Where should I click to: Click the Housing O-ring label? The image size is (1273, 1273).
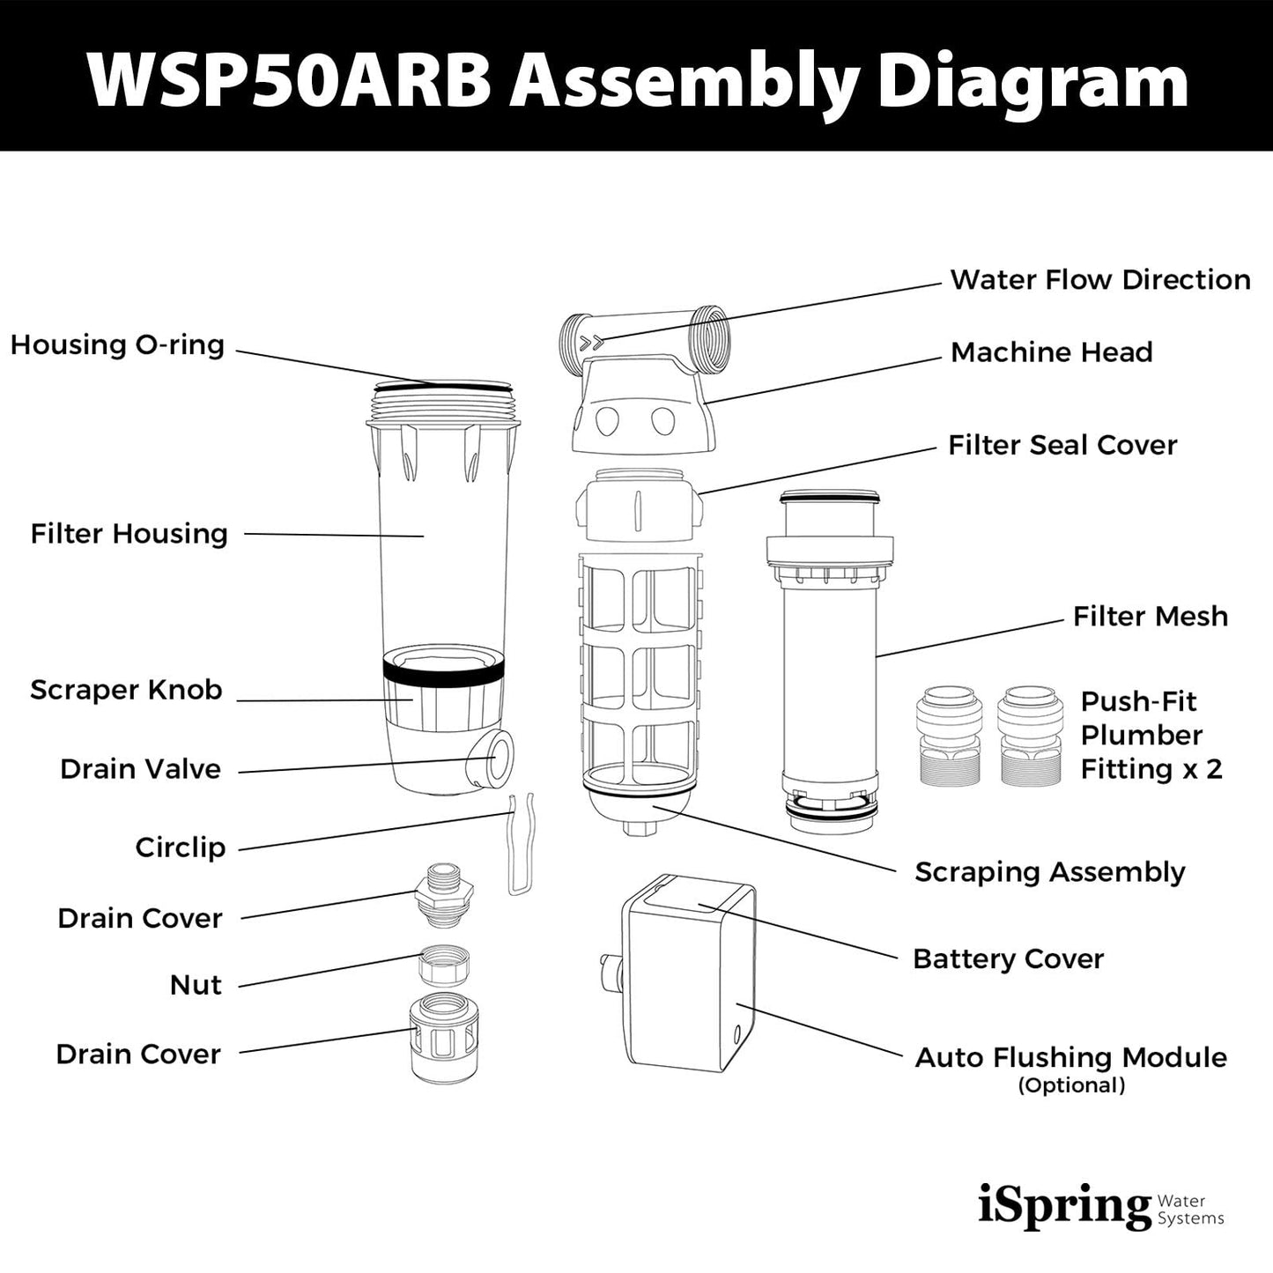point(117,344)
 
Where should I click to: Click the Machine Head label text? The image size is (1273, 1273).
point(1051,352)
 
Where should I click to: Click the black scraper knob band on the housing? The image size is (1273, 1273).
point(443,670)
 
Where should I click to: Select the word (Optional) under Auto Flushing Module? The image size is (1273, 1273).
point(1071,1085)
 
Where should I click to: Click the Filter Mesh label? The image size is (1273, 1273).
point(1150,617)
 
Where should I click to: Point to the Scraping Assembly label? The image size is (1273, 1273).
point(1049,872)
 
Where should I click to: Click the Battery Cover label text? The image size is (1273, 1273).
point(1008,958)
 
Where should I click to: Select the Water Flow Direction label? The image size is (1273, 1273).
point(1099,280)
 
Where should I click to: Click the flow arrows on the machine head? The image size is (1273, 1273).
point(595,339)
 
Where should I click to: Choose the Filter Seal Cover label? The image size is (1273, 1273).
point(1062,445)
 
